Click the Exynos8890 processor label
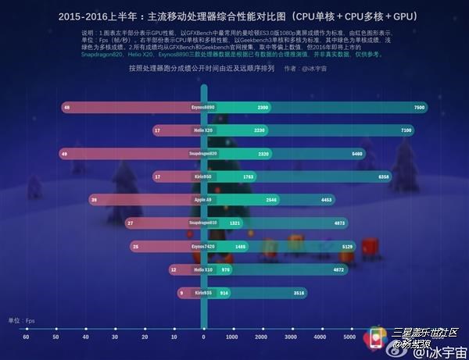(x=203, y=107)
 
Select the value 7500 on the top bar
(x=420, y=107)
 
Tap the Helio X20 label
(x=203, y=130)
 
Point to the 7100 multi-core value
(x=406, y=130)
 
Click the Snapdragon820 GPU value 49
(x=63, y=154)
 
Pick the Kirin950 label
(x=203, y=177)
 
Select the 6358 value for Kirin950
(x=384, y=177)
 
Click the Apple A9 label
(x=203, y=200)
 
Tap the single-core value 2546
(x=272, y=200)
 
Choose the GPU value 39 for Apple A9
(x=94, y=200)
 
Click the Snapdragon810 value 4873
(x=339, y=223)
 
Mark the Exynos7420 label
(x=203, y=246)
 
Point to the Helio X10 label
(x=203, y=269)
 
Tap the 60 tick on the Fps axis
(x=26, y=337)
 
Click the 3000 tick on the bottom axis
(x=291, y=337)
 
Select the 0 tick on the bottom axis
(x=203, y=337)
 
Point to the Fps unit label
(x=21, y=320)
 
